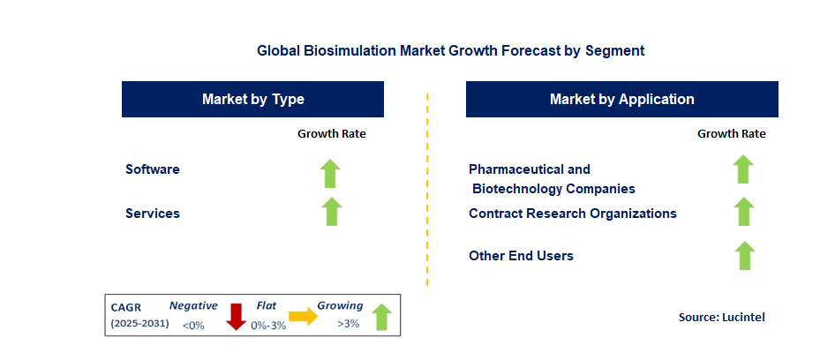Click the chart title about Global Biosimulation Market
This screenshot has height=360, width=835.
[450, 50]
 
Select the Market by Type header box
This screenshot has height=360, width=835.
[252, 99]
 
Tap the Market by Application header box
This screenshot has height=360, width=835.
[621, 99]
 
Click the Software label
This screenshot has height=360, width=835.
[153, 169]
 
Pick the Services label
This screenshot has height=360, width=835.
[153, 213]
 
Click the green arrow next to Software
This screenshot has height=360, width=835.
[330, 173]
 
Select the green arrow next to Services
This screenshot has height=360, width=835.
[330, 212]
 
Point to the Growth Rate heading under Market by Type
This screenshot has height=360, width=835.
[331, 134]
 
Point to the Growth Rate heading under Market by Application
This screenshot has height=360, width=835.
[731, 134]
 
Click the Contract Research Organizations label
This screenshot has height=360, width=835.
[573, 213]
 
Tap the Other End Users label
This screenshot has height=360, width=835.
[521, 255]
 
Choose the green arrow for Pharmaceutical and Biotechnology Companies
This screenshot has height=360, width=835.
[743, 169]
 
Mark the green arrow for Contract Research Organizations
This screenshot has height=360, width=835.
[744, 212]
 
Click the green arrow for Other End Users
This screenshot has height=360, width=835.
[744, 255]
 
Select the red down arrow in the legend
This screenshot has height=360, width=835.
[236, 316]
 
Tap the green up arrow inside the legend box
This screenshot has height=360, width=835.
[381, 317]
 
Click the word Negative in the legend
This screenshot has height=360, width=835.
[193, 305]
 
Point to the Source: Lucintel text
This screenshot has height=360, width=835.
[721, 317]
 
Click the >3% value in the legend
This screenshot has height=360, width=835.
[348, 324]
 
